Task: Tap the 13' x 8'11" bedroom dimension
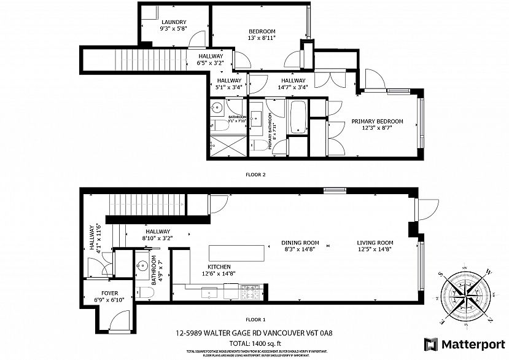pos(262,38)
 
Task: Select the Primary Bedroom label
pos(377,122)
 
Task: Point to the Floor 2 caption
pos(255,174)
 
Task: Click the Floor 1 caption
pos(255,319)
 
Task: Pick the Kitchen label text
pos(219,267)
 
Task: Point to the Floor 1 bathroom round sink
pos(142,267)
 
